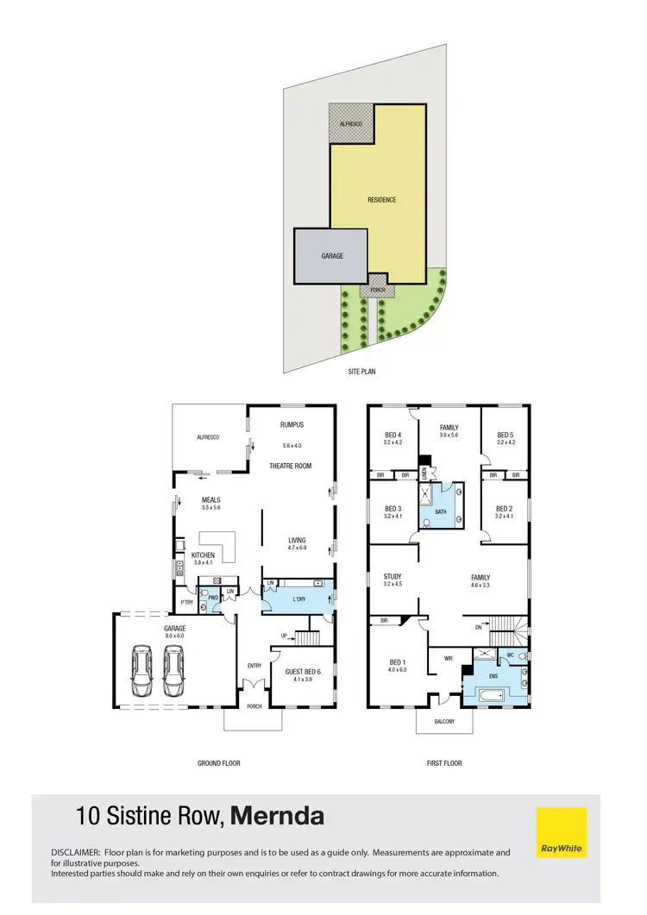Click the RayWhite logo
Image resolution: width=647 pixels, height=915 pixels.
tap(562, 832)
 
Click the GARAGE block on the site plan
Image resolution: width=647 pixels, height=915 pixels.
tap(332, 256)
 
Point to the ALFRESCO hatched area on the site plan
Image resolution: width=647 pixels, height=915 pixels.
tap(350, 125)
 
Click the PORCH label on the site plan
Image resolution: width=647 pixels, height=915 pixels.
tap(378, 290)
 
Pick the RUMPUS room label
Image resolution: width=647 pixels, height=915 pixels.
tap(292, 424)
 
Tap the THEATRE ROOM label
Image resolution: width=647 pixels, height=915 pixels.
tap(290, 467)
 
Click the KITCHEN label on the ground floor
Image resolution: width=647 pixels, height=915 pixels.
tap(203, 555)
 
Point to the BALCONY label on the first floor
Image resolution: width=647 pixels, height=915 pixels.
tap(443, 721)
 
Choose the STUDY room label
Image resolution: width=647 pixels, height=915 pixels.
tap(392, 576)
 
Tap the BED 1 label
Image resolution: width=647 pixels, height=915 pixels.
tap(397, 661)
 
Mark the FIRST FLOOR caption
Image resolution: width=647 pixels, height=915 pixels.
tap(444, 763)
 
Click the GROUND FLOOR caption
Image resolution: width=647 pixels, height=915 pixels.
tap(219, 763)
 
